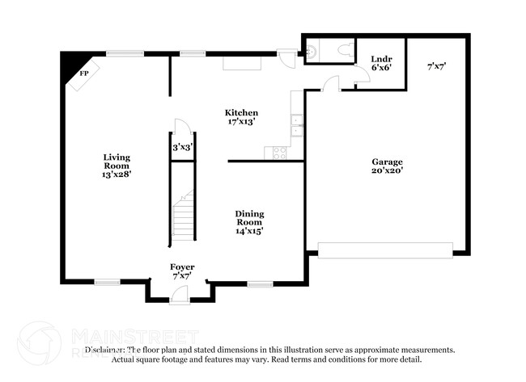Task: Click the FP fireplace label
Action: (x=83, y=73)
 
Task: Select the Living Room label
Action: (x=117, y=166)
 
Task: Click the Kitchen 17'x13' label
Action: (x=241, y=117)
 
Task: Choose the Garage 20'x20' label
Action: (x=387, y=166)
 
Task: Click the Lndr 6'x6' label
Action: (x=381, y=64)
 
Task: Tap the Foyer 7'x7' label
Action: (x=182, y=271)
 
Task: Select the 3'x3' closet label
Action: (x=182, y=148)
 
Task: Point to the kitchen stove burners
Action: (x=280, y=152)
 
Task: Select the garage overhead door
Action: (x=385, y=250)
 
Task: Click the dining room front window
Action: (x=259, y=283)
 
